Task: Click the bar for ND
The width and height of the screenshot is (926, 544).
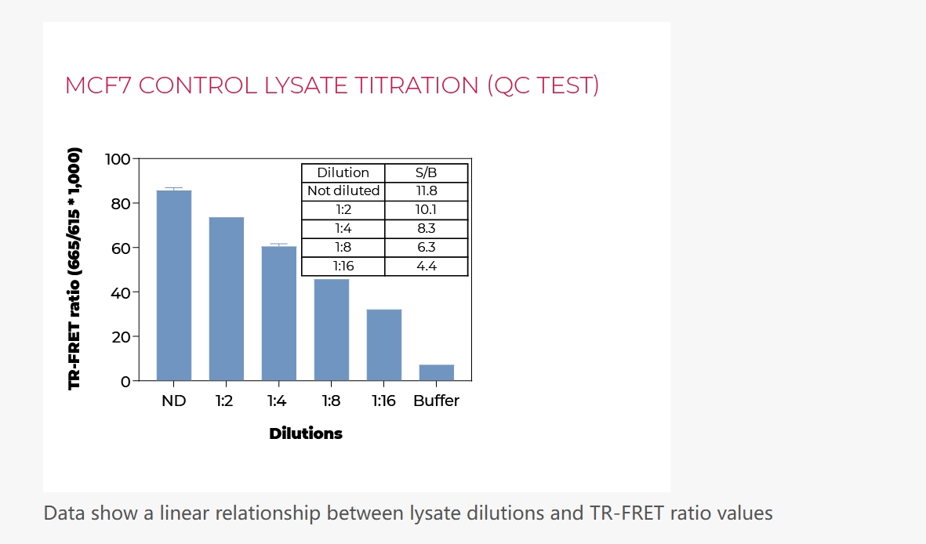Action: pyautogui.click(x=173, y=285)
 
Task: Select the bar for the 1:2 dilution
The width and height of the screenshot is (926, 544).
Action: pyautogui.click(x=226, y=299)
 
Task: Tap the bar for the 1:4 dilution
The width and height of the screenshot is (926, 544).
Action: pyautogui.click(x=279, y=313)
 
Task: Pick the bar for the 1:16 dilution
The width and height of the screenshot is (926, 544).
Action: pyautogui.click(x=384, y=345)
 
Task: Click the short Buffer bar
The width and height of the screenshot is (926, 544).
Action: pyautogui.click(x=437, y=372)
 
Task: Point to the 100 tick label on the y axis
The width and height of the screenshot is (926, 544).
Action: pyautogui.click(x=118, y=159)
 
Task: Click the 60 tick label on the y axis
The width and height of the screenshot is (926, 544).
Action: pyautogui.click(x=121, y=248)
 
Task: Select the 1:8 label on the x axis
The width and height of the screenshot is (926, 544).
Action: pyautogui.click(x=332, y=401)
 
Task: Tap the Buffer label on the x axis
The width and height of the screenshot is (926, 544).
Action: pyautogui.click(x=437, y=401)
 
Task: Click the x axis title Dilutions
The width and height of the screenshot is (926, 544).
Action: pyautogui.click(x=306, y=433)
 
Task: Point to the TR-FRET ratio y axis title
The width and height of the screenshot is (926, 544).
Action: pyautogui.click(x=74, y=269)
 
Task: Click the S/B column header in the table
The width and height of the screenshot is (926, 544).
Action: pyautogui.click(x=426, y=172)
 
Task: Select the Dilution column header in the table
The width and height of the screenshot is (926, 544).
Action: pyautogui.click(x=343, y=172)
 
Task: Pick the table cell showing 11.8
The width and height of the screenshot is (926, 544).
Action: pyautogui.click(x=427, y=190)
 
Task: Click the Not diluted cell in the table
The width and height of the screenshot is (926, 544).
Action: pyautogui.click(x=343, y=190)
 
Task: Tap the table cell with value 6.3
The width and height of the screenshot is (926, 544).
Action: pyautogui.click(x=427, y=247)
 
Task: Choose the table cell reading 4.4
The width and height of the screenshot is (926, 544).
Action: pyautogui.click(x=427, y=266)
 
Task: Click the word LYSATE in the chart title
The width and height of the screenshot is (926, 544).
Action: pyautogui.click(x=306, y=85)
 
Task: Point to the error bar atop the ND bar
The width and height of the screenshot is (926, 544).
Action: pyautogui.click(x=173, y=189)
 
